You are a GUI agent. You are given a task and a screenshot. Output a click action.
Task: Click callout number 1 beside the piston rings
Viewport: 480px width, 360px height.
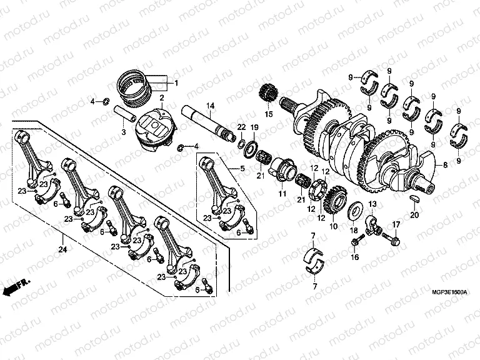(176, 83)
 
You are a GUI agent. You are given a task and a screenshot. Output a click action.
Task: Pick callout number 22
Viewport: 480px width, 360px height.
(241, 127)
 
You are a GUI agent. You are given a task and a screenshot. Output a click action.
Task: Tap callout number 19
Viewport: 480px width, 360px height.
(254, 127)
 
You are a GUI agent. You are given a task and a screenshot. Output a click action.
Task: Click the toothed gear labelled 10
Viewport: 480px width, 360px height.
(336, 199)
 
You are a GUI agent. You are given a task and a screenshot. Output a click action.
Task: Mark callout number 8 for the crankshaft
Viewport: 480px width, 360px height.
(445, 165)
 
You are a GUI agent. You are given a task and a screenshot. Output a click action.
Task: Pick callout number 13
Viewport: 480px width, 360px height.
(372, 204)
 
